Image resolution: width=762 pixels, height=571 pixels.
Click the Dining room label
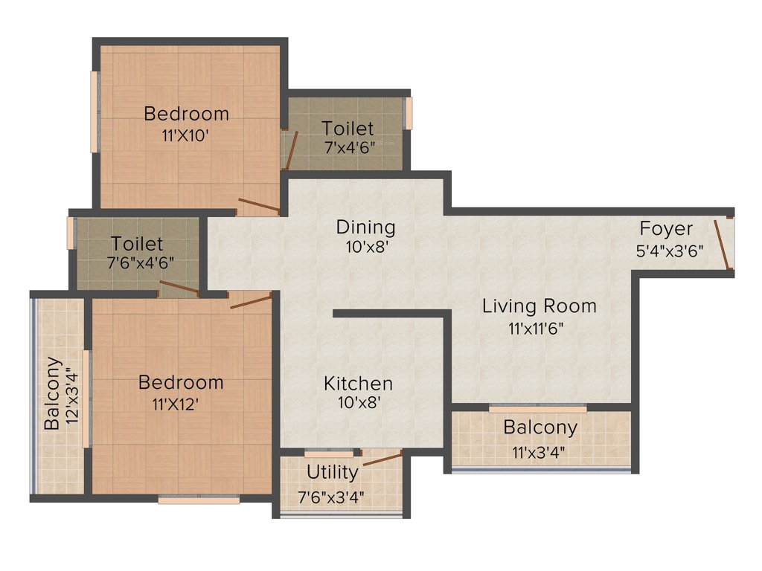365,227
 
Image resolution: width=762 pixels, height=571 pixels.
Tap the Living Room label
539,306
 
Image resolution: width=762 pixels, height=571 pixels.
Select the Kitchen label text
358,384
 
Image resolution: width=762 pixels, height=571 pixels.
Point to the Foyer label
666,229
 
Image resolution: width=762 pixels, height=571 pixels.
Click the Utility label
332,472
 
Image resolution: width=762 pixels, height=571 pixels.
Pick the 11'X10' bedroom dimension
186,136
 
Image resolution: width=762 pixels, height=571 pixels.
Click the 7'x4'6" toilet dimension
348,147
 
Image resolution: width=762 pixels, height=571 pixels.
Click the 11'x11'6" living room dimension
539,327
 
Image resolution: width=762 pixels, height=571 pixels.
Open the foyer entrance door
722,243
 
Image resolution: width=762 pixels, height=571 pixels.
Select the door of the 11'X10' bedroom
258,206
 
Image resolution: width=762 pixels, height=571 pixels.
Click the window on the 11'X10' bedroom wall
95,112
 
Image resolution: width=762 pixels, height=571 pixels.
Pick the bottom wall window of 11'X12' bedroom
199,500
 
